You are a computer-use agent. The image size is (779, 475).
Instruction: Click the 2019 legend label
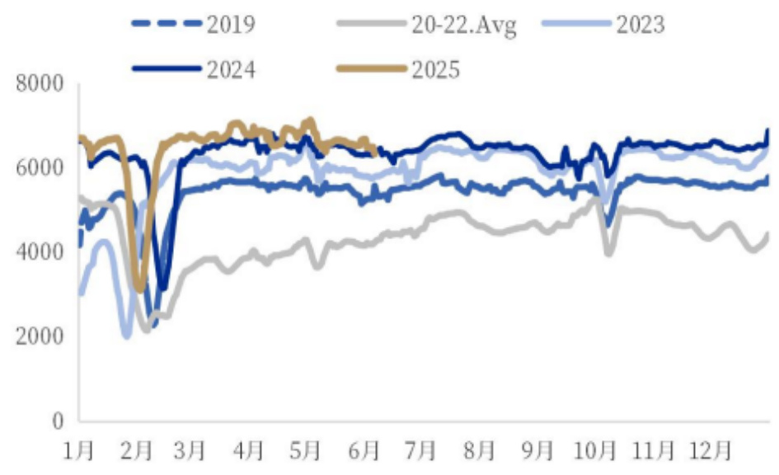point(230,24)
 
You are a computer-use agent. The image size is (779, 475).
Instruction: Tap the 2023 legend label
point(639,24)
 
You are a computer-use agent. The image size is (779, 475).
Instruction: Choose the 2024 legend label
point(230,68)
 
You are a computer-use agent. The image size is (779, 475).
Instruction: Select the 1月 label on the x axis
point(79,452)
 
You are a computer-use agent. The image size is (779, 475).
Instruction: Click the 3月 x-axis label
point(191,452)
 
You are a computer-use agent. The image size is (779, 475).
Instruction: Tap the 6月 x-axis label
point(364,452)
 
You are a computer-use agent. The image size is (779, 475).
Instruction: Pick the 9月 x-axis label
point(537,452)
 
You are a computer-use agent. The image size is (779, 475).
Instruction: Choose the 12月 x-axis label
point(711,452)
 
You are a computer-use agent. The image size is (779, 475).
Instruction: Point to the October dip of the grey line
point(609,252)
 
